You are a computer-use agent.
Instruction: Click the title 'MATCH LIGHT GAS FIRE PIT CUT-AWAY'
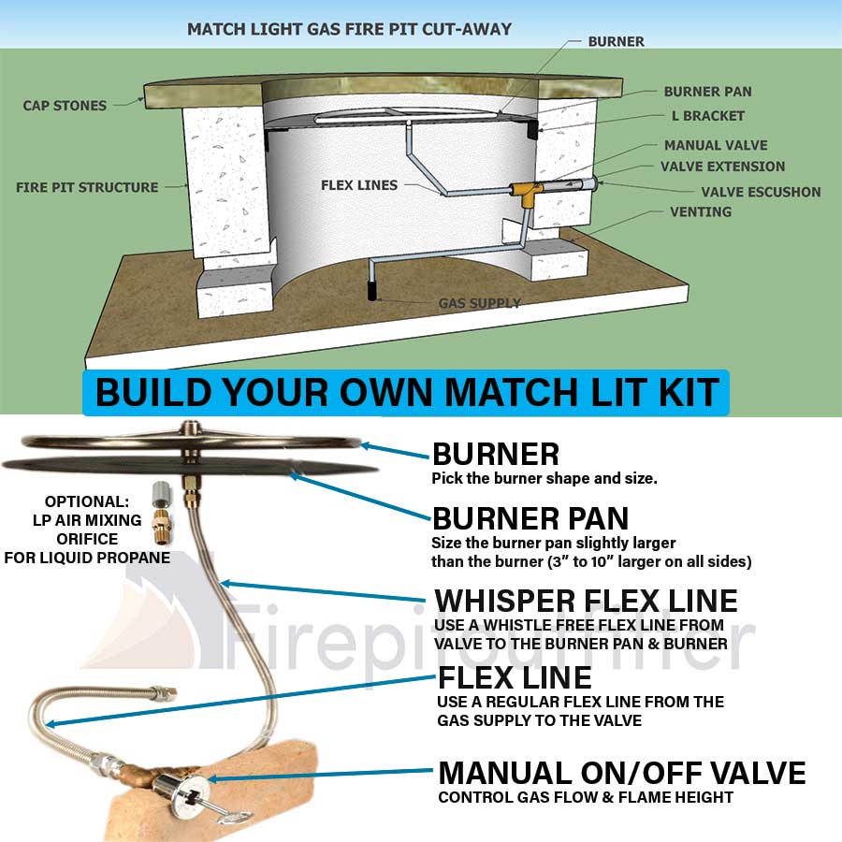coord(349,29)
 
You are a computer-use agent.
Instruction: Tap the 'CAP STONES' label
coord(65,106)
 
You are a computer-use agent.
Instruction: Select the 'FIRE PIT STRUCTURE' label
coord(87,187)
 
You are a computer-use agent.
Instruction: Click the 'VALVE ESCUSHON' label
coord(761,192)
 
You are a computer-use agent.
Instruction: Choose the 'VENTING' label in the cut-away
coord(700,212)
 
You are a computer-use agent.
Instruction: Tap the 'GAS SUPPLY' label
coord(480,303)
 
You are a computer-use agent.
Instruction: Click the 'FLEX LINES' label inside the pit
coord(359,185)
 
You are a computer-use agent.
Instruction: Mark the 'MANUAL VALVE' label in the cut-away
coord(716,145)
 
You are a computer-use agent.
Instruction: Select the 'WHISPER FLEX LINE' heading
coord(585,600)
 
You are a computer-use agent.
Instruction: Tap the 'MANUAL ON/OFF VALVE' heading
coord(622,773)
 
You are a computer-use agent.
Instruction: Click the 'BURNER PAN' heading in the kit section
coord(530,517)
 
